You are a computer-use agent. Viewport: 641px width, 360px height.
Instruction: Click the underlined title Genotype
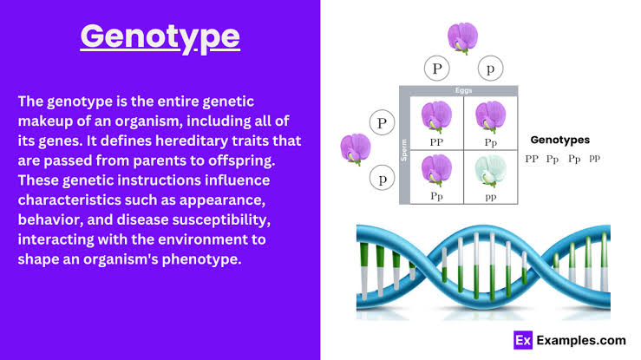tap(160, 37)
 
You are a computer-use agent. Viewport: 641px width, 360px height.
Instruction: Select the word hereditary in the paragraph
tap(192, 141)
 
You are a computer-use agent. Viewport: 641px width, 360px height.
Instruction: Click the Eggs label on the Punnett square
tap(463, 90)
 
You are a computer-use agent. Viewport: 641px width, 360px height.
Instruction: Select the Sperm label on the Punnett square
tap(404, 150)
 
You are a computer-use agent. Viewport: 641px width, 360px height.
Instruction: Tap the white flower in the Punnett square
tap(491, 171)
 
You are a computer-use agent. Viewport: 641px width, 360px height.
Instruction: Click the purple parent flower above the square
tap(463, 38)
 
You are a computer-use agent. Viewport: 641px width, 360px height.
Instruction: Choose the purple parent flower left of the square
tap(356, 149)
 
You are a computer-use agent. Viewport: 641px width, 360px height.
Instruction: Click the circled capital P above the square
tap(436, 69)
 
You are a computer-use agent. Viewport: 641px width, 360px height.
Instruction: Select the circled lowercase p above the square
tap(490, 69)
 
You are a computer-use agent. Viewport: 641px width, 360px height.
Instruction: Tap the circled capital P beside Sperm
tap(382, 122)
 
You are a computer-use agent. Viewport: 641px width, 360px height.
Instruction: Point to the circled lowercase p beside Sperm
tap(382, 178)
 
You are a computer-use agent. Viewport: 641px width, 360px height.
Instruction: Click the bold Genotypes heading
tap(560, 140)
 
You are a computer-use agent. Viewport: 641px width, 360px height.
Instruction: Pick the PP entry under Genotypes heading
tap(532, 159)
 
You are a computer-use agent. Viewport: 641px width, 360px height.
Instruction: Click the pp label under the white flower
tap(491, 197)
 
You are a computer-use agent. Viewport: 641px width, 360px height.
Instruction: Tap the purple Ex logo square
tap(523, 340)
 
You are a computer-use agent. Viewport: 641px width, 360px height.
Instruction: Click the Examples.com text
tap(581, 340)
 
